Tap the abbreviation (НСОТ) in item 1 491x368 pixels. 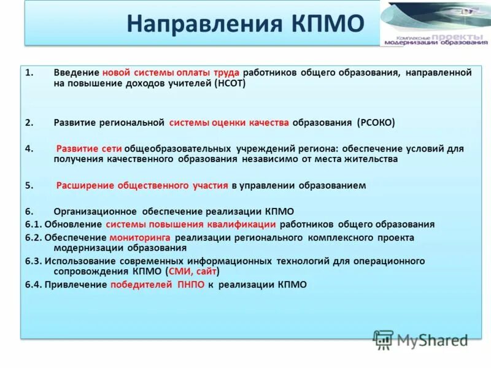230,83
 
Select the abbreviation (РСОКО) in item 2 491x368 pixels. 376,123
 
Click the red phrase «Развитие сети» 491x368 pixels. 90,149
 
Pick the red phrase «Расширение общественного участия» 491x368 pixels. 142,185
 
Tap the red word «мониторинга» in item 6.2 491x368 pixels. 141,237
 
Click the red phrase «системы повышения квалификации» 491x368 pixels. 190,224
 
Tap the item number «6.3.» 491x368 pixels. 33,261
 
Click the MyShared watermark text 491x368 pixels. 432,340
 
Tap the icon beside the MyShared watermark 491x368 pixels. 384,339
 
